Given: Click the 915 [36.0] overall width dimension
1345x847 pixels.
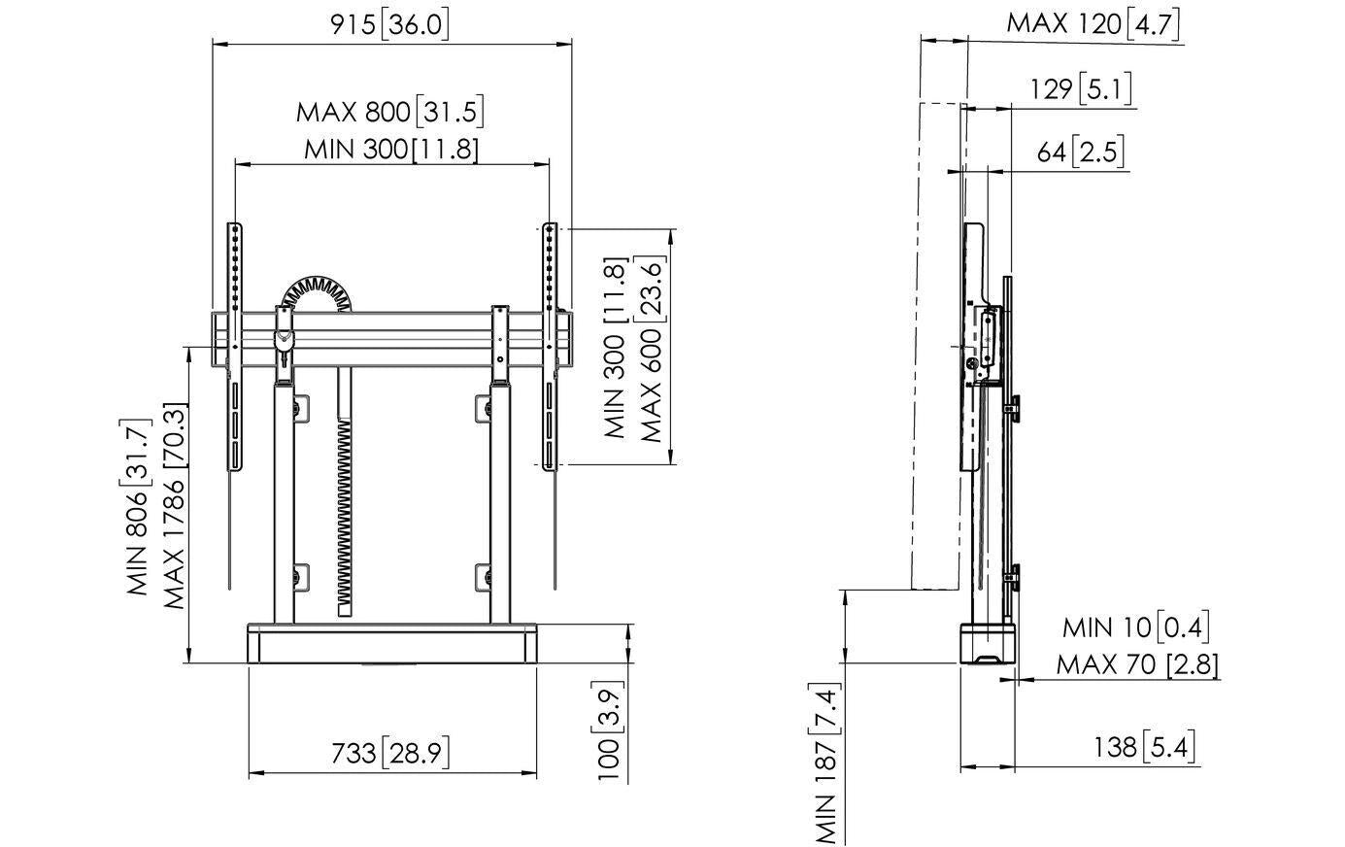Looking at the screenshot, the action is click(389, 25).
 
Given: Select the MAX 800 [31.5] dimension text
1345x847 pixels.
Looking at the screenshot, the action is click(389, 113).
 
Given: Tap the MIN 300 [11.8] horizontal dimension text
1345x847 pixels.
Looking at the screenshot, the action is click(391, 149).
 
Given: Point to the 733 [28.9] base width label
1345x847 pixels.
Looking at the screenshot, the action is click(390, 752).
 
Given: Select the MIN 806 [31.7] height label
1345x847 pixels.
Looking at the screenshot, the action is click(137, 506).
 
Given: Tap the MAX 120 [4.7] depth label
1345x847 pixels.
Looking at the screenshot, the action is click(1093, 24).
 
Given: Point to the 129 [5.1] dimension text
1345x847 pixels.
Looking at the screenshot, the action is click(1081, 89).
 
